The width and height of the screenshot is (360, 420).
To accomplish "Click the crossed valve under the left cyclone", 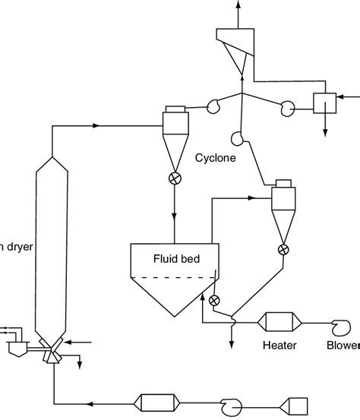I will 175,180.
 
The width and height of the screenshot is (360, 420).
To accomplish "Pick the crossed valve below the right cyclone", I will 283,248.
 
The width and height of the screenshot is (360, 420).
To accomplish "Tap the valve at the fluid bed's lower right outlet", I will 215,300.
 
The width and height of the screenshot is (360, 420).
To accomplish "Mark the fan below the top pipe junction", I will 237,138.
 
